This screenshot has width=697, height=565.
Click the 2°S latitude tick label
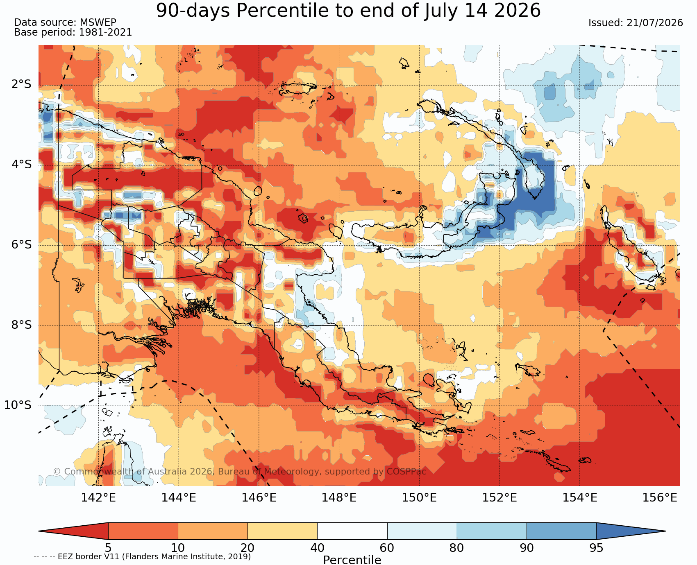(x=21, y=84)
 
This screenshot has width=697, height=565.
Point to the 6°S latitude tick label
(x=21, y=245)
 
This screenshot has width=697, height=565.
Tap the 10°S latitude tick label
(x=18, y=405)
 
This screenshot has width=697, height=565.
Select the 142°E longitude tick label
(x=98, y=498)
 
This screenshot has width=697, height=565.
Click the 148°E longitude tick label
(x=339, y=498)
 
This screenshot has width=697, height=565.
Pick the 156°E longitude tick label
(x=660, y=498)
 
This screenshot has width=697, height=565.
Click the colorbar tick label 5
(x=108, y=548)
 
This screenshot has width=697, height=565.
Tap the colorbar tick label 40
(x=317, y=548)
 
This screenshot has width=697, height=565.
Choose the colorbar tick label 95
(x=596, y=548)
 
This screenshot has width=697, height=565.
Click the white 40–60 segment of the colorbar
(x=352, y=531)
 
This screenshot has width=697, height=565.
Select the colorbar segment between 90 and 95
(x=561, y=531)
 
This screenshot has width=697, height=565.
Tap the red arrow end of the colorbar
(x=73, y=531)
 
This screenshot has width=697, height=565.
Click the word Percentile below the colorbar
(x=352, y=560)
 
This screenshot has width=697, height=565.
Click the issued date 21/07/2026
(x=654, y=23)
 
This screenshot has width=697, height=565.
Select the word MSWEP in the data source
(x=98, y=23)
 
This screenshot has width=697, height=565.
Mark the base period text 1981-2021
(x=105, y=32)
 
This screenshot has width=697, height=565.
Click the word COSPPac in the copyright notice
(x=406, y=472)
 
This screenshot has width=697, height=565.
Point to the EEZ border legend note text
(x=142, y=556)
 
